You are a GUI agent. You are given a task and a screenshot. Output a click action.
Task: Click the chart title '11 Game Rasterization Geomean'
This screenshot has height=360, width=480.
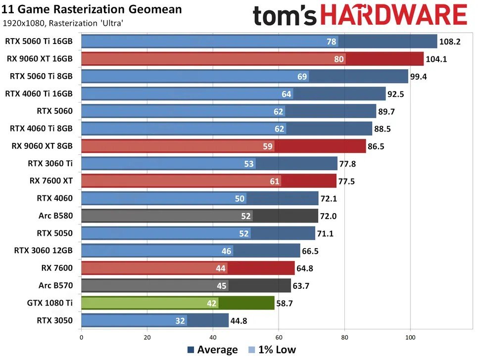point(92,9)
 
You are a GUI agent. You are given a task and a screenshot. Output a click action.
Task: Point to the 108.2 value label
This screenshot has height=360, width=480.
point(450,42)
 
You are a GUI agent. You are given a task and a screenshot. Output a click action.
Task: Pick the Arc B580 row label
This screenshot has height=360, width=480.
point(55,216)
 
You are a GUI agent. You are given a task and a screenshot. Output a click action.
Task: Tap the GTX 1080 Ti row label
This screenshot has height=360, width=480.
point(50,303)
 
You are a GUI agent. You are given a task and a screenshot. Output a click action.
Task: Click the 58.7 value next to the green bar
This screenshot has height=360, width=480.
point(284,303)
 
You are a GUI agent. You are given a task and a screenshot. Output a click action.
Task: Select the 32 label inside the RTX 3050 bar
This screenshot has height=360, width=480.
point(180,320)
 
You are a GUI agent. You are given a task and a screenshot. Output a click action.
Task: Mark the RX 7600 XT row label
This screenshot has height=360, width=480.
point(51,181)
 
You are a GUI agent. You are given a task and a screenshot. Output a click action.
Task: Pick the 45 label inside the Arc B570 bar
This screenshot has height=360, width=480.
point(221,286)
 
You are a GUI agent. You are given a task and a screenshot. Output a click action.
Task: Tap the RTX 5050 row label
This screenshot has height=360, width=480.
point(54,233)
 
